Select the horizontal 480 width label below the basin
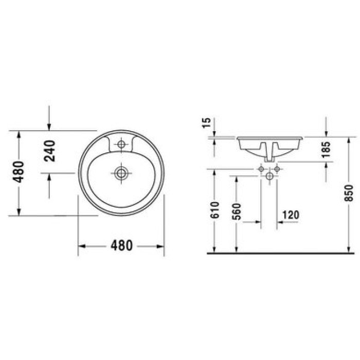click(x=121, y=246)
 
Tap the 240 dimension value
click(x=49, y=151)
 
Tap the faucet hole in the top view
click(x=121, y=145)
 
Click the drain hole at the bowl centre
click(x=121, y=173)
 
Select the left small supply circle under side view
click(x=261, y=169)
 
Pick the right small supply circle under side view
click(x=277, y=169)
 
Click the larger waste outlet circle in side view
click(x=269, y=176)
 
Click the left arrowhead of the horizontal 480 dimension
click(x=81, y=246)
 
